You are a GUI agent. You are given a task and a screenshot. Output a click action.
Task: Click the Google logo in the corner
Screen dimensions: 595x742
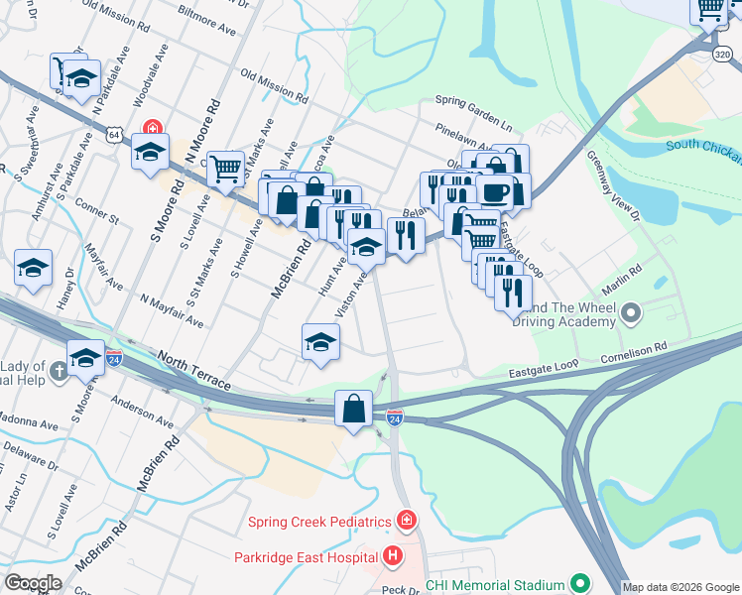pyautogui.click(x=33, y=583)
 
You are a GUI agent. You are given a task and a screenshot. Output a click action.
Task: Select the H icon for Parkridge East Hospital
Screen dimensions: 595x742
pyautogui.click(x=393, y=556)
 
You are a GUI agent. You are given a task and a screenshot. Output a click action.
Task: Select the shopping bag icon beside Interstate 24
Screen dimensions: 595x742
pyautogui.click(x=354, y=407)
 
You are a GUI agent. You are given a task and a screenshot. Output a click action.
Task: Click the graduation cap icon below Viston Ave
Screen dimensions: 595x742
pyautogui.click(x=320, y=341)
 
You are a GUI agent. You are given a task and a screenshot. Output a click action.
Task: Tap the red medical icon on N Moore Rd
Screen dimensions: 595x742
pyautogui.click(x=151, y=128)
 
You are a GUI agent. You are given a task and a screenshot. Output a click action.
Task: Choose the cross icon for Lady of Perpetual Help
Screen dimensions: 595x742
pyautogui.click(x=59, y=372)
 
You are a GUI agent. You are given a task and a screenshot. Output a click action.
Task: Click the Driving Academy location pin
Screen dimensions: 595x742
pyautogui.click(x=630, y=314)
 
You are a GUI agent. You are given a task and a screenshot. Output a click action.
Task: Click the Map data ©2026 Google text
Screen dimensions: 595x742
pyautogui.click(x=680, y=587)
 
